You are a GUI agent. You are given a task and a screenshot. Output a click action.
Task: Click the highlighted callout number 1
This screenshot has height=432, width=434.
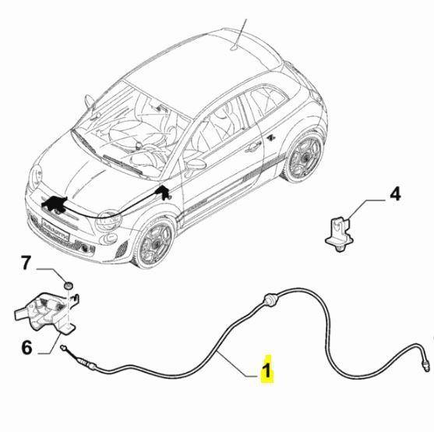click(267, 369)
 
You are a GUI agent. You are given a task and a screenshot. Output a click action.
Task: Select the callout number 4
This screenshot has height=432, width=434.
click(395, 194)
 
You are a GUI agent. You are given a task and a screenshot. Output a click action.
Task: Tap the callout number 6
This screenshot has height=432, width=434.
click(26, 348)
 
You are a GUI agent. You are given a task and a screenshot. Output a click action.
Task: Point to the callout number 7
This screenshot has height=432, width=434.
click(26, 263)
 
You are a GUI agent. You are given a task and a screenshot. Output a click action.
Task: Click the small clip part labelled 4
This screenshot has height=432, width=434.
click(338, 234)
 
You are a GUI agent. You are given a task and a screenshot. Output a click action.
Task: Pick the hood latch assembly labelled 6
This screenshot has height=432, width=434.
click(46, 313)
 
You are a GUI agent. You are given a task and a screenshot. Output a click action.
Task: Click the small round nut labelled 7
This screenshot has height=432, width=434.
click(68, 285)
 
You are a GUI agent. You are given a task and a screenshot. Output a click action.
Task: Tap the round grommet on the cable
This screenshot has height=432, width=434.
click(270, 300)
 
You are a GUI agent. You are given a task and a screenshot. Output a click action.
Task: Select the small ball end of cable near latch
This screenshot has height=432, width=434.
click(63, 346)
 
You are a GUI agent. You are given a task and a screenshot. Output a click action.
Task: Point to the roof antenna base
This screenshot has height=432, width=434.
click(235, 49)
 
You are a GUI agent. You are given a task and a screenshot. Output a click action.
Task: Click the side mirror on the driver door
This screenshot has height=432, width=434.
click(196, 165)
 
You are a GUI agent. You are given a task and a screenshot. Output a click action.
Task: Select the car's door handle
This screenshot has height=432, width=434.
click(253, 147)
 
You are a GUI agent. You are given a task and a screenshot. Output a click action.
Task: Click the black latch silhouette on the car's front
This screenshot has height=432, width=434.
click(55, 204)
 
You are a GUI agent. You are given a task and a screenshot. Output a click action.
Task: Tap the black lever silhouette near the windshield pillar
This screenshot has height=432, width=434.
click(164, 192)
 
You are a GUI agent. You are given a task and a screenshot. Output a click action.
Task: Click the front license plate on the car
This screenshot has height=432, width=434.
click(55, 229)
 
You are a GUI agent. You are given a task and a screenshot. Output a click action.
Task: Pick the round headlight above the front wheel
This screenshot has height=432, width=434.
click(108, 221)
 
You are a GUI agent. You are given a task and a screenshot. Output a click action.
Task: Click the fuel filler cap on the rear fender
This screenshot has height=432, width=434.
click(270, 136)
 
